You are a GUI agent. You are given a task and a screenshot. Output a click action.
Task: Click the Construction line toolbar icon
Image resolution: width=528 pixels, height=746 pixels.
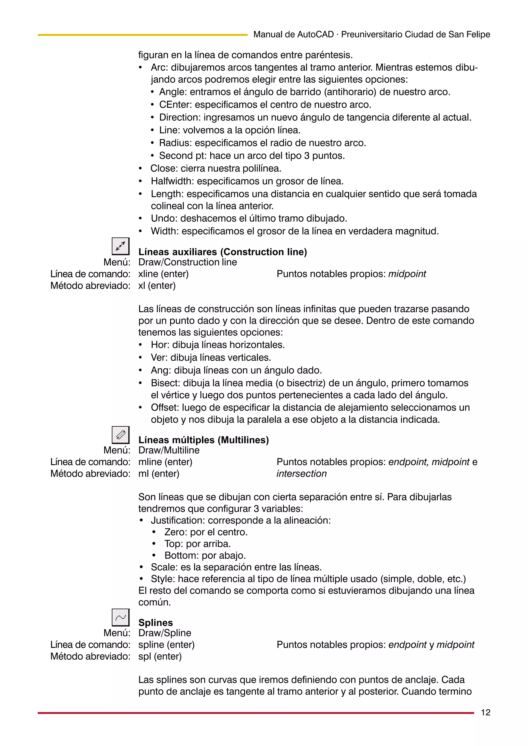pyautogui.click(x=120, y=246)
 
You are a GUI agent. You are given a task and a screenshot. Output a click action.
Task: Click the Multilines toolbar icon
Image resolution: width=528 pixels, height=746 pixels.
pyautogui.click(x=120, y=435)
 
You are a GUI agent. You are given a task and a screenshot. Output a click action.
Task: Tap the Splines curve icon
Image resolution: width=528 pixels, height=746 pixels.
pyautogui.click(x=120, y=617)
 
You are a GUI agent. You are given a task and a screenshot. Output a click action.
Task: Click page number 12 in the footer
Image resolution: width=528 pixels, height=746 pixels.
pyautogui.click(x=485, y=712)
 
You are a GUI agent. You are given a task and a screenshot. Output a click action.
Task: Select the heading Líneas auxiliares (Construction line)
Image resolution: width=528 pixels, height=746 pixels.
pyautogui.click(x=222, y=252)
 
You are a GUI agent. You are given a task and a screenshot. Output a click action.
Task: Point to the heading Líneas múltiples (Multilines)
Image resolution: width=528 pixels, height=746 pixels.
pyautogui.click(x=204, y=440)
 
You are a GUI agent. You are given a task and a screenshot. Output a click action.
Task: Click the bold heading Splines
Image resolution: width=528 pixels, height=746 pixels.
pyautogui.click(x=155, y=622)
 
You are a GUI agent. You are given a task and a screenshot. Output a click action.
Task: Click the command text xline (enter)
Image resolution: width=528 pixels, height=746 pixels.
pyautogui.click(x=163, y=274)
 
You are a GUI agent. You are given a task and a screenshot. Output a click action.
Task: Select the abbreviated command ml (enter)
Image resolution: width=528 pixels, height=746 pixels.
pyautogui.click(x=159, y=473)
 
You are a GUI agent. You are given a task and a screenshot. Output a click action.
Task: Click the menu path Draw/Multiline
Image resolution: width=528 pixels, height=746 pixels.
pyautogui.click(x=169, y=450)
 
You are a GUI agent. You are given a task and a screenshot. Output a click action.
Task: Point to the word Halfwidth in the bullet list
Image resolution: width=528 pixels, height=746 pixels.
pyautogui.click(x=172, y=181)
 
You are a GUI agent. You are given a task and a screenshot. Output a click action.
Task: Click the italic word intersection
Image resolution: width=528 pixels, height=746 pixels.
pyautogui.click(x=301, y=473)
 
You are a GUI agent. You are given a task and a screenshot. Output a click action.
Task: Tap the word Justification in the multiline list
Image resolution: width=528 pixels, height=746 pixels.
pyautogui.click(x=178, y=520)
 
